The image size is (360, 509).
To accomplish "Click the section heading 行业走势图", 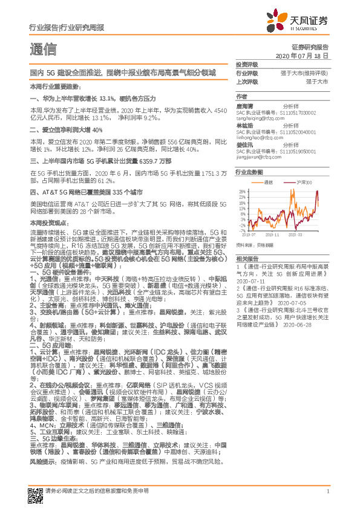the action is click(x=249, y=172).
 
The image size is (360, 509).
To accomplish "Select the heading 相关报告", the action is click(x=246, y=258).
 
